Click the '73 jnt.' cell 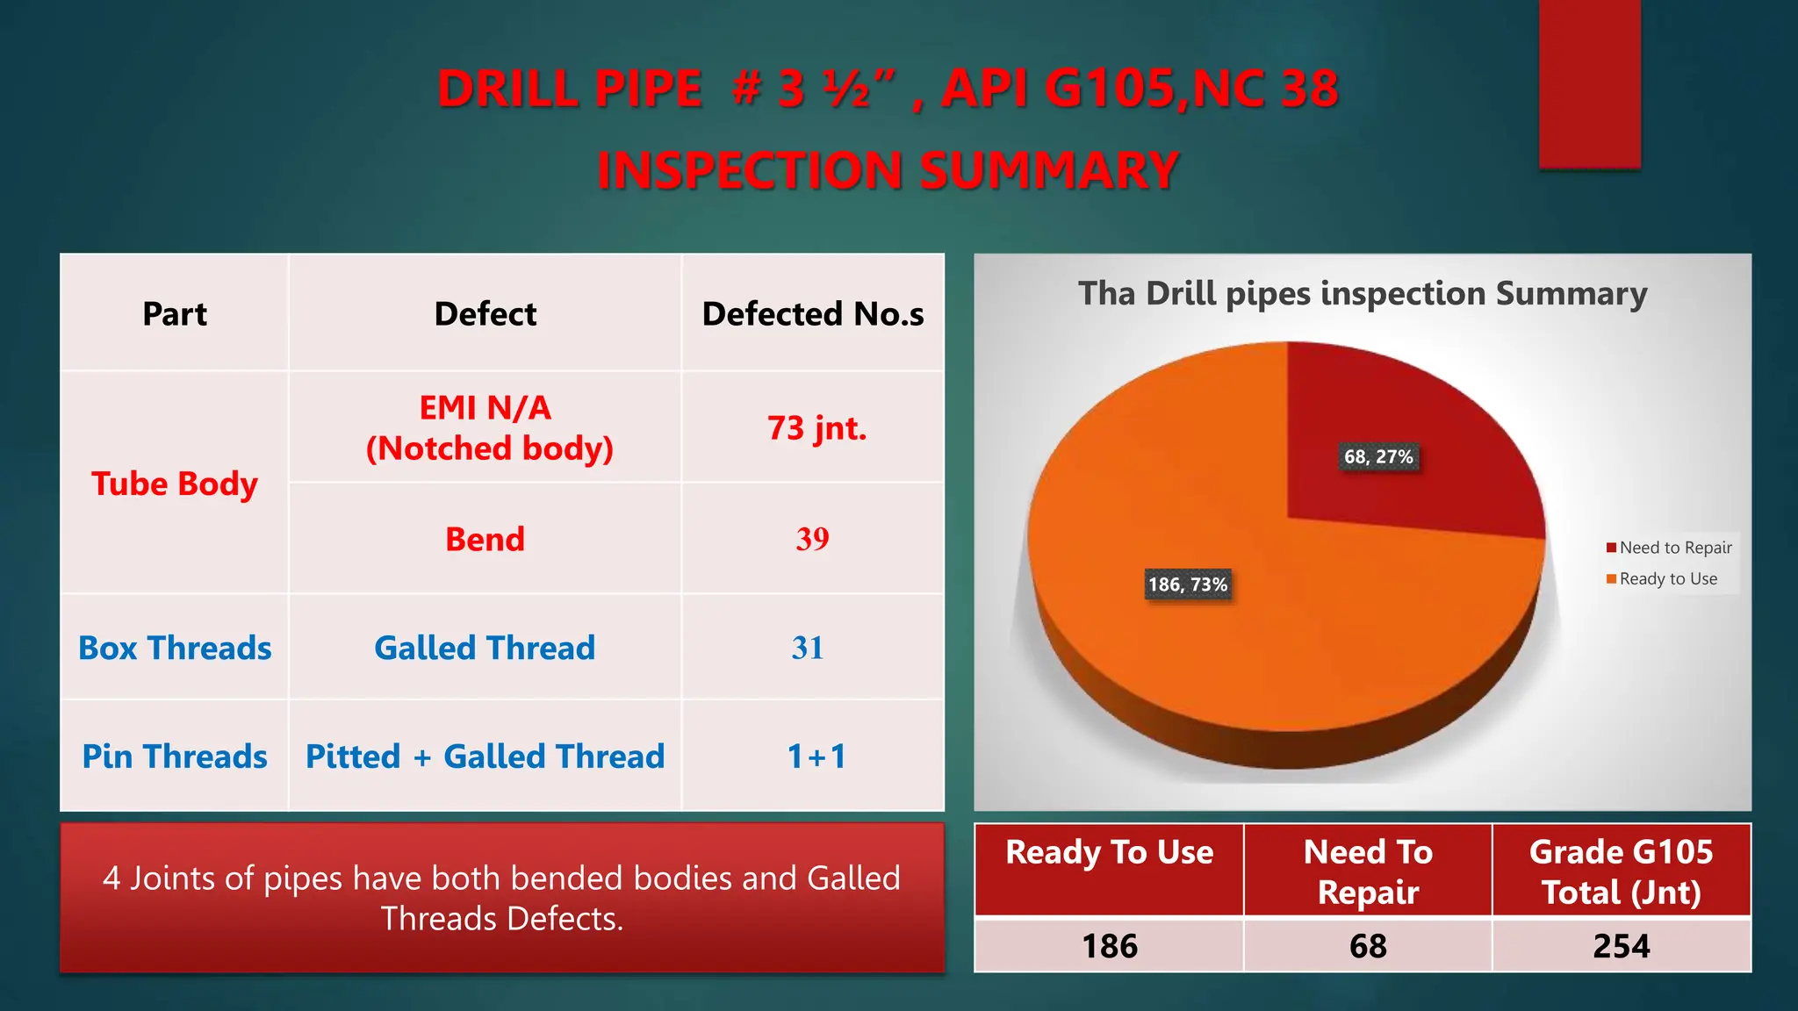(x=816, y=428)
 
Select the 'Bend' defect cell (x=485, y=539)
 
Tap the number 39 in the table (x=812, y=539)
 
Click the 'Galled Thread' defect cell (x=485, y=648)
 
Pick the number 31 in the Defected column (x=808, y=648)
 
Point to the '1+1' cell (x=816, y=756)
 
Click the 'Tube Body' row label (x=175, y=484)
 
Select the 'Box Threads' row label (x=175, y=648)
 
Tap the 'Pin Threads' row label (x=175, y=756)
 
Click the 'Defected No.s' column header (x=813, y=314)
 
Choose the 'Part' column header (x=175, y=314)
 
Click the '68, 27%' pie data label (x=1378, y=456)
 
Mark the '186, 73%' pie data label (x=1188, y=584)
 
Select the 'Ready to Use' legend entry (x=1667, y=579)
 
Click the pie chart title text (x=1363, y=293)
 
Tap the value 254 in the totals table (x=1622, y=946)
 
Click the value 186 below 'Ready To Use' (x=1110, y=946)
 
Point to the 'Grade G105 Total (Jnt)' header (x=1622, y=871)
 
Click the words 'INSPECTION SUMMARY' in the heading (x=888, y=170)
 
